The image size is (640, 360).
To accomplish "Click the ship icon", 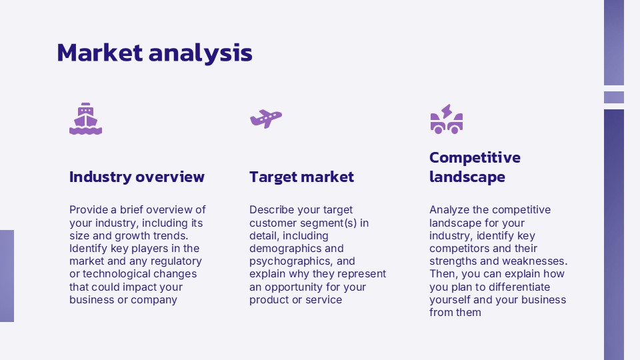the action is (x=86, y=119).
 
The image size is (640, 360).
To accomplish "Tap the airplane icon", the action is (x=266, y=119).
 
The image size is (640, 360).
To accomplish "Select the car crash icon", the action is (x=447, y=119).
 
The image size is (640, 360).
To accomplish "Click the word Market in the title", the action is (x=100, y=53).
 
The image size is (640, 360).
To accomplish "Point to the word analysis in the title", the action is (x=201, y=53).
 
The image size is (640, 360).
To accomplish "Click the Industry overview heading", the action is (x=137, y=177).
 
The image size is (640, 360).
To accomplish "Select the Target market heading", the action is (x=301, y=177).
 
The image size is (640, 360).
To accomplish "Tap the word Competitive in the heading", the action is (x=475, y=157).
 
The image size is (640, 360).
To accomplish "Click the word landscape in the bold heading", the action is (x=467, y=177).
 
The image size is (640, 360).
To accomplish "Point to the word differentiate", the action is (x=519, y=287).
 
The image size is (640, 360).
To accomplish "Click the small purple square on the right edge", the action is (x=614, y=97).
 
